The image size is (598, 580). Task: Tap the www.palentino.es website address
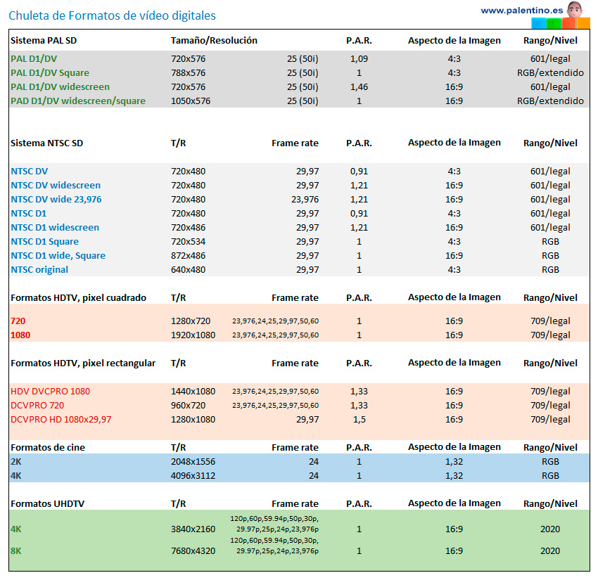click(x=521, y=10)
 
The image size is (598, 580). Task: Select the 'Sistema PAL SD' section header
click(x=44, y=40)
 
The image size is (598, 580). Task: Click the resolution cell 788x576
click(x=188, y=72)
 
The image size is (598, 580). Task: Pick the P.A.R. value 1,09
click(x=359, y=58)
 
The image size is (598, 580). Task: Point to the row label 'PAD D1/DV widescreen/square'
click(x=78, y=101)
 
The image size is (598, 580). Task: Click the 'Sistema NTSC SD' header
click(x=46, y=143)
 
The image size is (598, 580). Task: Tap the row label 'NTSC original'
click(x=39, y=269)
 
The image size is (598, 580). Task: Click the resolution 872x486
click(x=188, y=255)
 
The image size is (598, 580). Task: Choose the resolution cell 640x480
click(x=188, y=269)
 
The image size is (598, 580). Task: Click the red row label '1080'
click(x=21, y=335)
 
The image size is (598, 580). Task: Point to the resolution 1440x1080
click(x=193, y=391)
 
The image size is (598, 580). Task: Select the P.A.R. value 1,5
click(x=359, y=419)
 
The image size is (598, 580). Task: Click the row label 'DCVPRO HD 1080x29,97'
click(x=61, y=419)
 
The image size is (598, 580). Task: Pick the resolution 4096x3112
click(x=193, y=475)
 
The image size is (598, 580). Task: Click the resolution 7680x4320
click(x=193, y=550)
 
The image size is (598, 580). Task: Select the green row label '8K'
click(x=16, y=550)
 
